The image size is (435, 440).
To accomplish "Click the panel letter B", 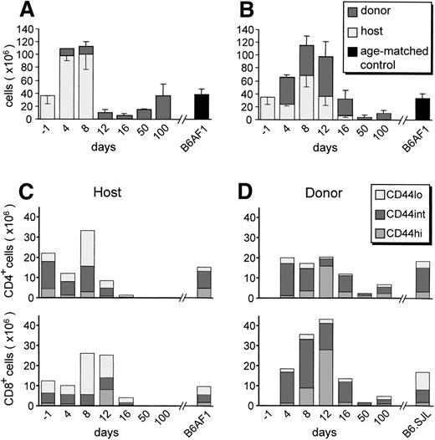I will [229, 12].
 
